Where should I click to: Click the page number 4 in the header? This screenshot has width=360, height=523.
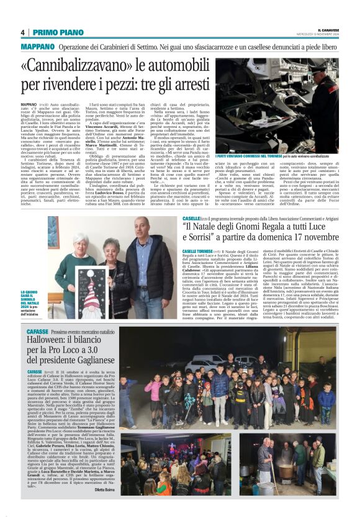pos(22,32)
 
